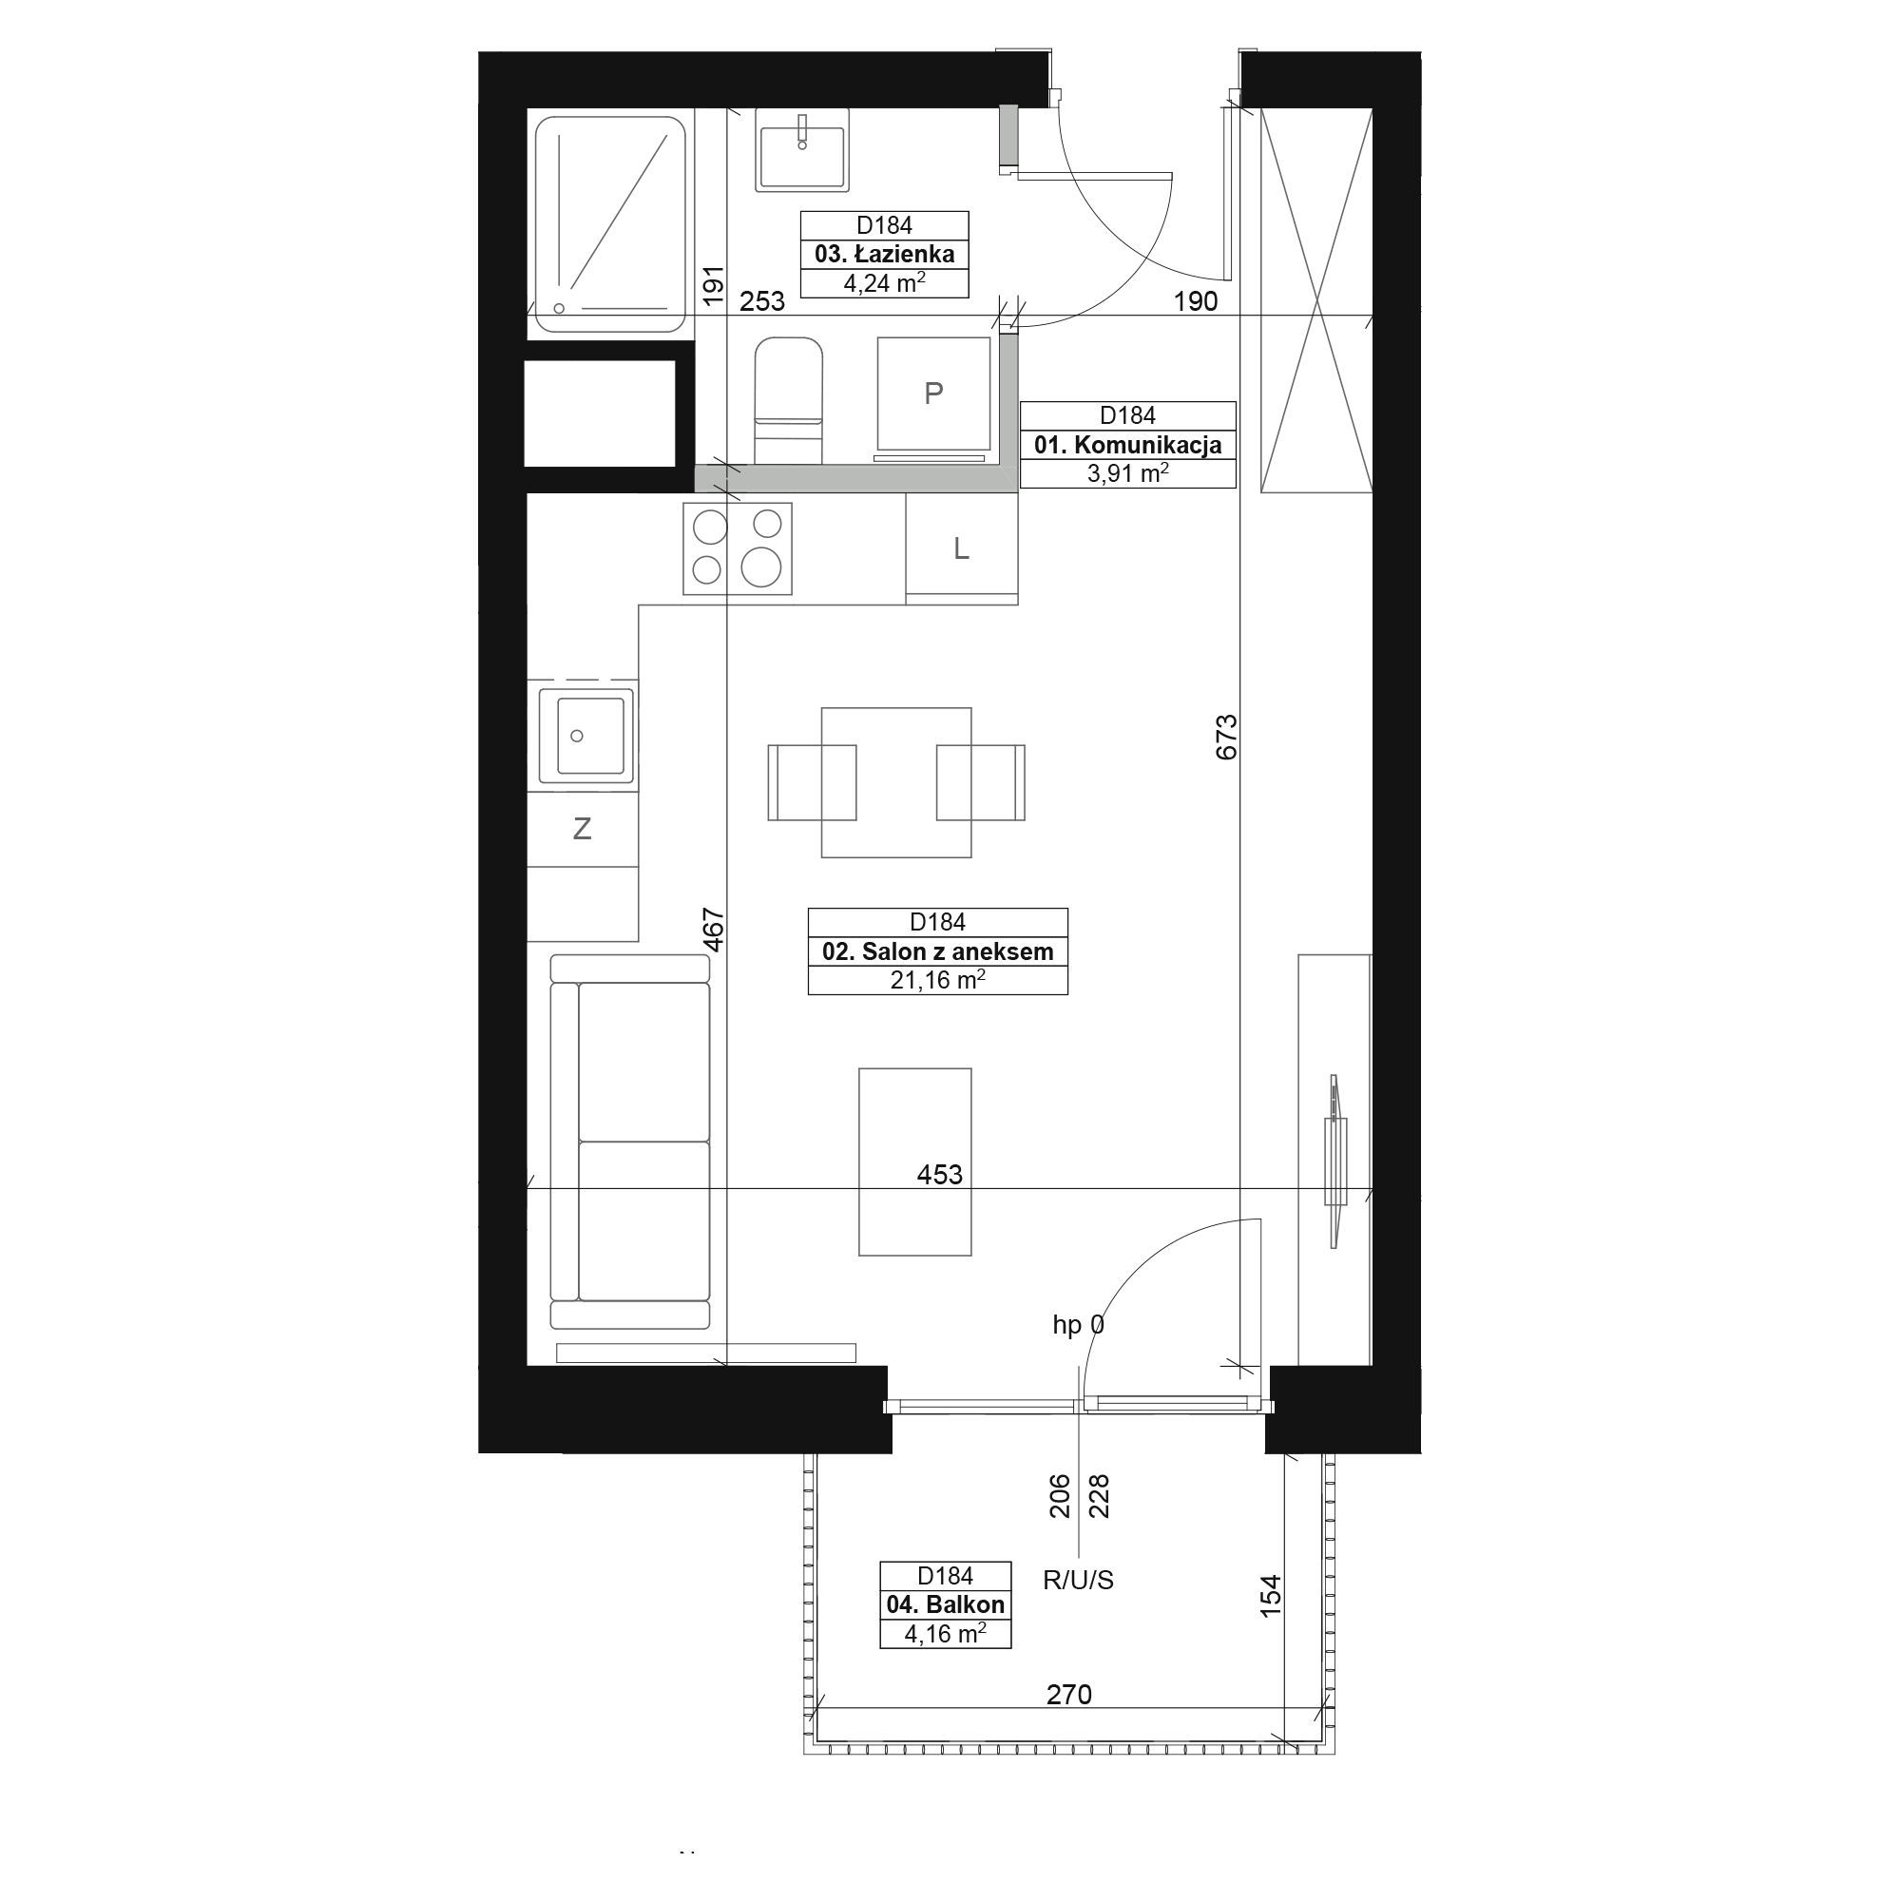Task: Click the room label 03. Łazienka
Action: pyautogui.click(x=884, y=254)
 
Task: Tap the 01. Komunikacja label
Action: pyautogui.click(x=1127, y=445)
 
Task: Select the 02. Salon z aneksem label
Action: pyautogui.click(x=938, y=951)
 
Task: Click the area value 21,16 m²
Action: pyautogui.click(x=938, y=980)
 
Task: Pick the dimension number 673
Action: pyautogui.click(x=1226, y=737)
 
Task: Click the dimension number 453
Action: pyautogui.click(x=939, y=1175)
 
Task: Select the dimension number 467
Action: pyautogui.click(x=714, y=930)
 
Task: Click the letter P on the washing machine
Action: pyautogui.click(x=933, y=394)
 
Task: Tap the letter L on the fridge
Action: pyautogui.click(x=961, y=549)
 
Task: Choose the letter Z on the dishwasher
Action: pyautogui.click(x=582, y=830)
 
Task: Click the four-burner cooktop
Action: pyautogui.click(x=738, y=548)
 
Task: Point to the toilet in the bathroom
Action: pyautogui.click(x=788, y=400)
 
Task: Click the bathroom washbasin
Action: pyautogui.click(x=802, y=149)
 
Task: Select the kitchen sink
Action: pyautogui.click(x=586, y=737)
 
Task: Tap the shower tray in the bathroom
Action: pyautogui.click(x=610, y=224)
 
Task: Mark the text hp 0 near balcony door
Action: pyautogui.click(x=1079, y=1325)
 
